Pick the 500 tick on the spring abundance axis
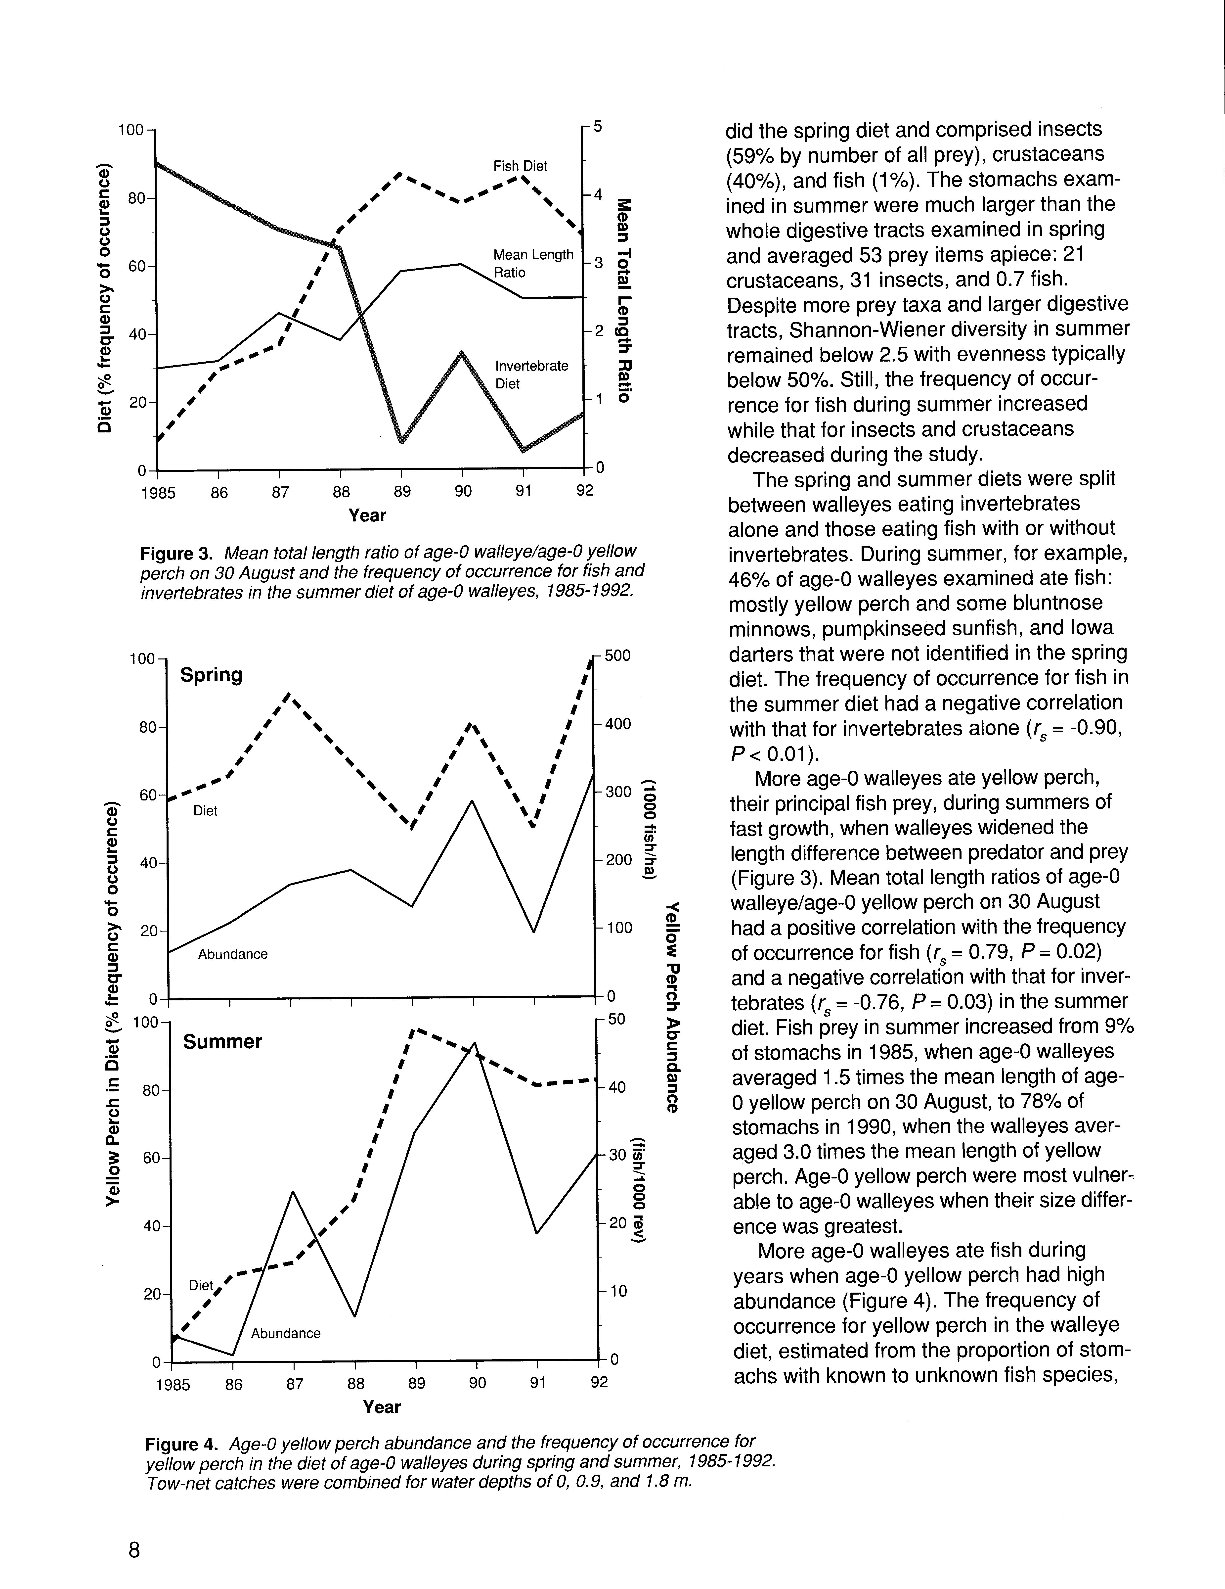tap(617, 655)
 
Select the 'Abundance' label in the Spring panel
tap(233, 954)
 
